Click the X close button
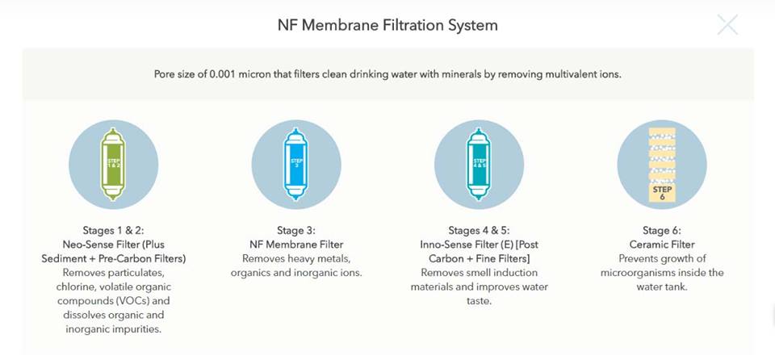coord(727,25)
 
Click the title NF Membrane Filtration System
coord(387,25)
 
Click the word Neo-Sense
coord(90,245)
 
